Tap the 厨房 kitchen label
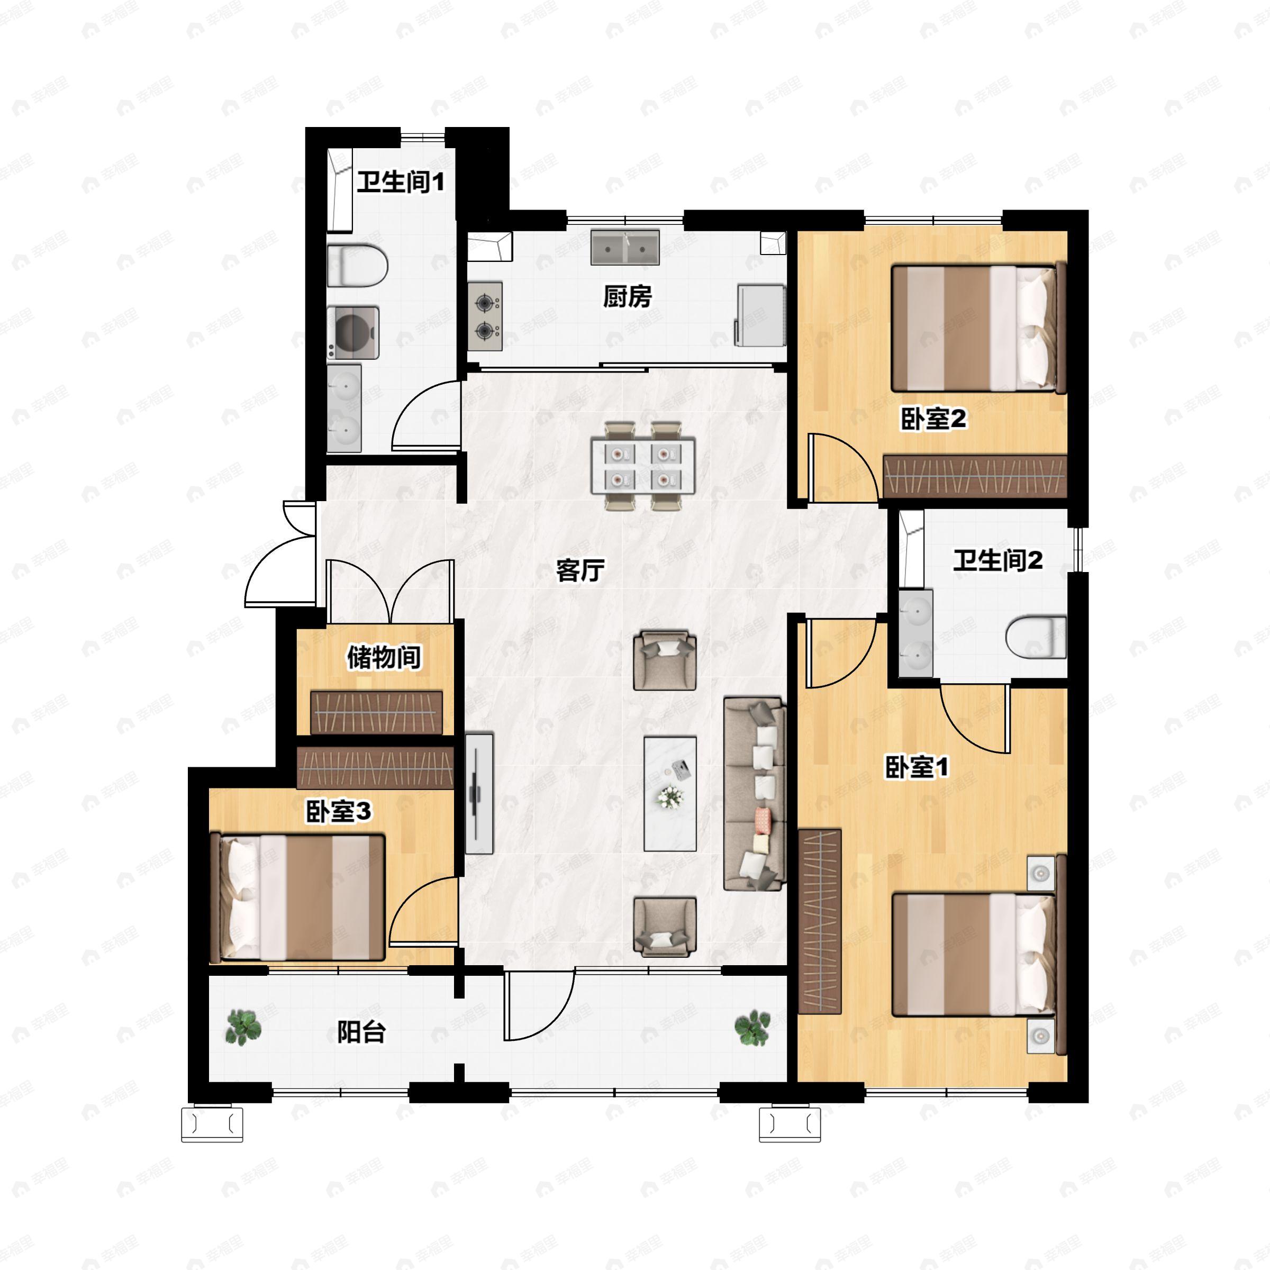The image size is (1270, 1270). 627,296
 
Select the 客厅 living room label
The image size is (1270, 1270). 580,570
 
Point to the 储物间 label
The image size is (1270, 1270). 384,657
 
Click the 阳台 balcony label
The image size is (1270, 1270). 361,1032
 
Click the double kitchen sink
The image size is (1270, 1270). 624,247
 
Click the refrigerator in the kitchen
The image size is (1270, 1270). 760,315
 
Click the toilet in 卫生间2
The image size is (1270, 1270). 1036,636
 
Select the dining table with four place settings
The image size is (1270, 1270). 642,466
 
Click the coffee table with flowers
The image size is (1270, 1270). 670,793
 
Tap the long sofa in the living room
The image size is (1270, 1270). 755,794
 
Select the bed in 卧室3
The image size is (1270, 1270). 302,897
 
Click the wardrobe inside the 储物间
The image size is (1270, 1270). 376,713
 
